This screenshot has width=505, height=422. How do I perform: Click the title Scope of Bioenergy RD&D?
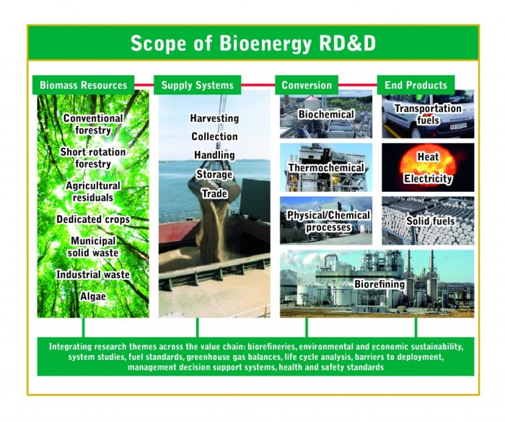[x=252, y=44]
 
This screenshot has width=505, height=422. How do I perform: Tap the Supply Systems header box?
[x=197, y=85]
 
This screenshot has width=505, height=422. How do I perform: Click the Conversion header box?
[x=307, y=85]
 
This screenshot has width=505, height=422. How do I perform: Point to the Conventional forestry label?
[x=92, y=124]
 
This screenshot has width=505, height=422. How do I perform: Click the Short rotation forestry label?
[x=92, y=158]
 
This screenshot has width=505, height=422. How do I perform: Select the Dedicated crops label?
[x=93, y=219]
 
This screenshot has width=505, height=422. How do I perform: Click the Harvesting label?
[x=214, y=118]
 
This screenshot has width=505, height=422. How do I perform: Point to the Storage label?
[x=214, y=175]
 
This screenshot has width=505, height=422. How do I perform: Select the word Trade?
[x=214, y=193]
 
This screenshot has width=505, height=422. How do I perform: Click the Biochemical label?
[x=326, y=115]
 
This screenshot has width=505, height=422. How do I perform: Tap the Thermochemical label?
[x=325, y=168]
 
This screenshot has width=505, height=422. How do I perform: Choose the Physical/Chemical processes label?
[x=328, y=221]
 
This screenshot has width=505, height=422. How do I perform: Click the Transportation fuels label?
[x=428, y=114]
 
